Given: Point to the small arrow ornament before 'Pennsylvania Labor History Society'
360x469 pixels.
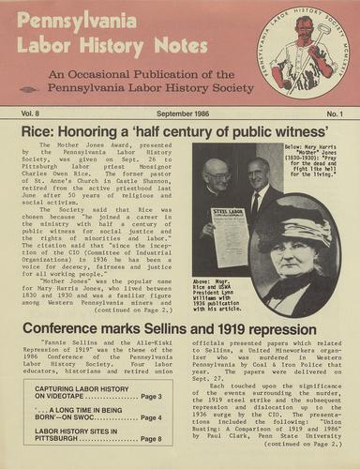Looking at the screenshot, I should (x=37, y=90).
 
